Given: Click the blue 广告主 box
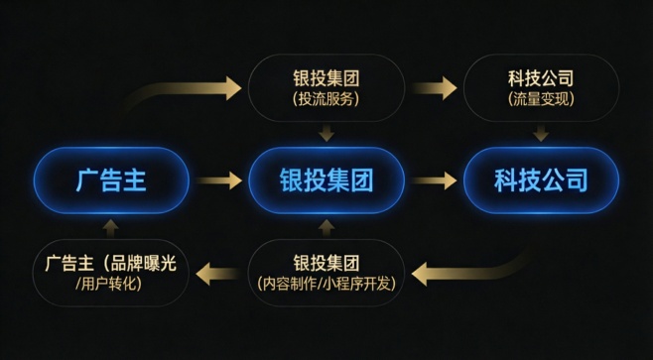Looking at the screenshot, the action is pos(110,180).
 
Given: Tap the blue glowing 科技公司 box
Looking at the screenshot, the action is pos(540,180).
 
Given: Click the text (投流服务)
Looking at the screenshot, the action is pos(326,99).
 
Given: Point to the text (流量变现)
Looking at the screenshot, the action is pos(540,99).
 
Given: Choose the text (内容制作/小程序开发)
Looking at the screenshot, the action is pos(326,285).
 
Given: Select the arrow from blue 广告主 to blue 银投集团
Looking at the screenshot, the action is pos(218,180).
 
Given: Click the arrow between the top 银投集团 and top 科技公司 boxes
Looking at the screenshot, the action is pos(434,87).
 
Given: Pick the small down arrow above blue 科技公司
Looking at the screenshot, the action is pos(541,133).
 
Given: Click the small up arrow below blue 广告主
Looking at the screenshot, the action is pos(110,227).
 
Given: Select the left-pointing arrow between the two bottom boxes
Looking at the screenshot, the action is pos(218,272).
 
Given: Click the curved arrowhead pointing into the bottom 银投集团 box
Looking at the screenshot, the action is pos(422,272).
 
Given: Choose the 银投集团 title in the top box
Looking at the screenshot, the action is pos(326,77).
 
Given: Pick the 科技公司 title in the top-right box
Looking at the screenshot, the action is pos(540,77).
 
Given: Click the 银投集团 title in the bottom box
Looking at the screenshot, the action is pos(326,263).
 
